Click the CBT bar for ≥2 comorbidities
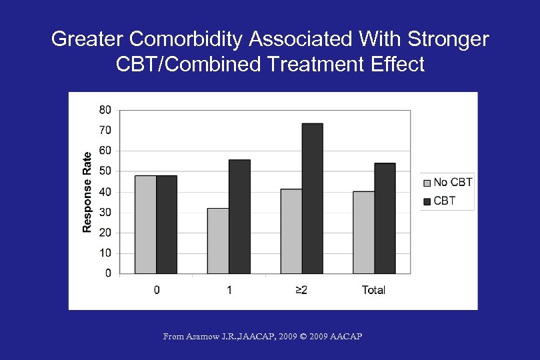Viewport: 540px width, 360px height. (x=312, y=198)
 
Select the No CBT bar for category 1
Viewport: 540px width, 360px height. (x=218, y=241)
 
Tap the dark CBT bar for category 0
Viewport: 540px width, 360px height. (x=167, y=224)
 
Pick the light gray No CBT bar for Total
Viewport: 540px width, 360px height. (x=363, y=232)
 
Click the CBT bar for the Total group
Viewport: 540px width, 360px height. (x=385, y=218)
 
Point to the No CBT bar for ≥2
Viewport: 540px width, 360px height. (x=291, y=231)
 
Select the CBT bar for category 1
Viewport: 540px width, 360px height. (x=239, y=216)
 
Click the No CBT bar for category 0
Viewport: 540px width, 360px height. (x=145, y=224)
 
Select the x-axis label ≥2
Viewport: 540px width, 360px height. (x=301, y=290)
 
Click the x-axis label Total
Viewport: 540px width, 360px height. (x=374, y=290)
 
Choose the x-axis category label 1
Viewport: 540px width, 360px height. (x=229, y=290)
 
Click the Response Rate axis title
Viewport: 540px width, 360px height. (x=87, y=191)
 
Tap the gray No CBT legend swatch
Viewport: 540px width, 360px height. (x=427, y=183)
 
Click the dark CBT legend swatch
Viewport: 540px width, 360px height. (x=427, y=201)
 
